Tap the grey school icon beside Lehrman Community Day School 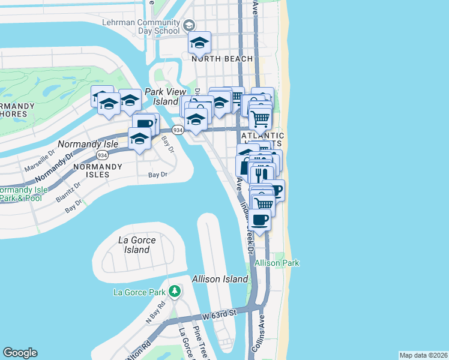coord(189,25)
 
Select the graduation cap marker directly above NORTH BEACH coord(199,43)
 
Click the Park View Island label coord(161,97)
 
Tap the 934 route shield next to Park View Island coord(178,130)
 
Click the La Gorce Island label coord(137,245)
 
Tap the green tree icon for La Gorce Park coord(175,292)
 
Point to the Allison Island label coord(220,279)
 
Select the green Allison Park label coord(277,263)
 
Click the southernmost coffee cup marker coord(260,220)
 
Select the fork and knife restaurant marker coord(259,175)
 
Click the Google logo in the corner coord(20,353)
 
